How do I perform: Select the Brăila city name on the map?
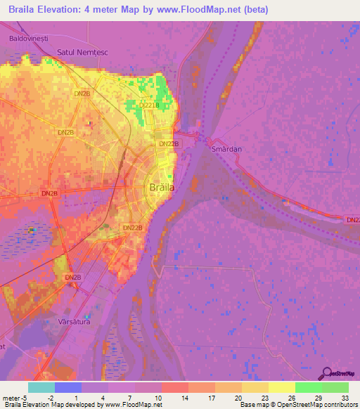coord(162,188)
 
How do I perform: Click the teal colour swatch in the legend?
coord(41,387)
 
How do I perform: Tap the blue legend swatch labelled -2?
coord(68,387)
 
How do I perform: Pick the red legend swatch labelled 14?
coord(175,387)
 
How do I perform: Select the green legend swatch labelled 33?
coord(335,387)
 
